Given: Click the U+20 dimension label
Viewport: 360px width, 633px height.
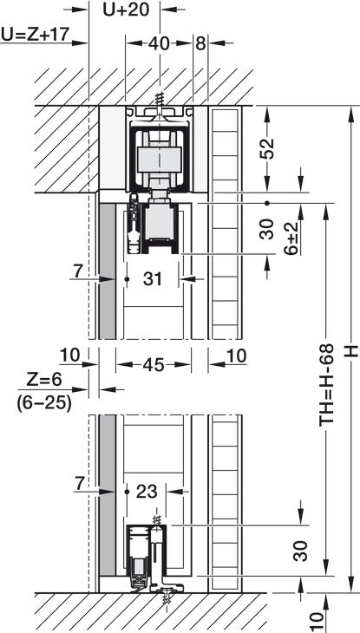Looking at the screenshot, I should (x=125, y=10).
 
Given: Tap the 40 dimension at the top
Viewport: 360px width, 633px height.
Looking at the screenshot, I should (x=157, y=42).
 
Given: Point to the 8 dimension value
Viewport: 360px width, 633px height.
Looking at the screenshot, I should (x=201, y=42).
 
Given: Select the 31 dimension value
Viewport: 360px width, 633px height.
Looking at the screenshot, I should (x=153, y=279).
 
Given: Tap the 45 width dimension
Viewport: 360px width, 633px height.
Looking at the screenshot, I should (x=154, y=366).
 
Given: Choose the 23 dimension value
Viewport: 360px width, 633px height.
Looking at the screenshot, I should (x=148, y=491).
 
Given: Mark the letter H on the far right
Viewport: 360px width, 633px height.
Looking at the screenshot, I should (x=350, y=350).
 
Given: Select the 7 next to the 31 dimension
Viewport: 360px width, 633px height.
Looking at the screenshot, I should (x=78, y=272).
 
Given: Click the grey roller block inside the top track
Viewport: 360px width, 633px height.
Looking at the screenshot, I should (x=157, y=160).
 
